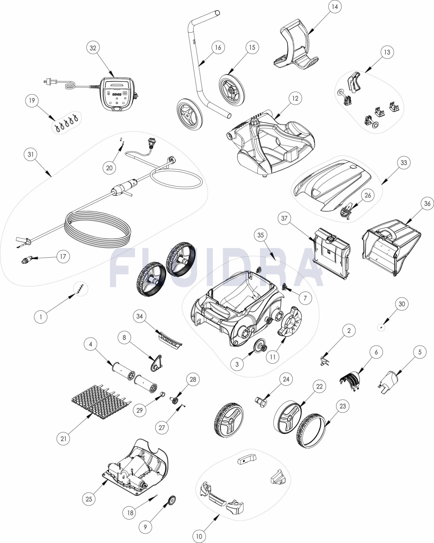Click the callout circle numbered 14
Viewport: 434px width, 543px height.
click(x=335, y=7)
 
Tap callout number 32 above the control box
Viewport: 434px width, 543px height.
click(x=93, y=48)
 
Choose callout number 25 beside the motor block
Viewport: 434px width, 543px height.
click(x=89, y=499)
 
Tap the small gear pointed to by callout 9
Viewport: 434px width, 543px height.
click(x=172, y=499)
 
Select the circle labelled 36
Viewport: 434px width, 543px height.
click(x=427, y=204)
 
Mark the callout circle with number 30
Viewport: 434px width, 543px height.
click(x=401, y=304)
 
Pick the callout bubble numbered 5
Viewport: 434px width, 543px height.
click(x=420, y=352)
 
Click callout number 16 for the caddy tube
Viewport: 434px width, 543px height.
click(x=218, y=48)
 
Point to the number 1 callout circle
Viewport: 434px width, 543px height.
click(x=41, y=317)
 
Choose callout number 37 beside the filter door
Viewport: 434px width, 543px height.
click(x=284, y=218)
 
